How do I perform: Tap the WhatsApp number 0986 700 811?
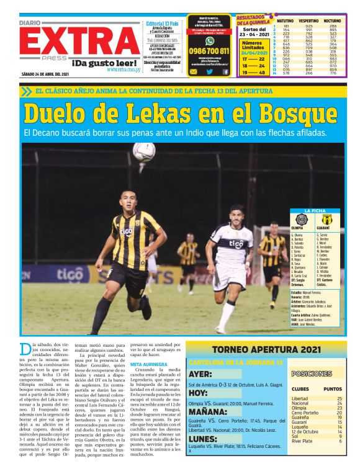coord(209,51)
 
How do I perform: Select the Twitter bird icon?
coord(209,72)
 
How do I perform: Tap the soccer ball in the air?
coord(144,151)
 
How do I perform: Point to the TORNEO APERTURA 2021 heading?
coord(266,349)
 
